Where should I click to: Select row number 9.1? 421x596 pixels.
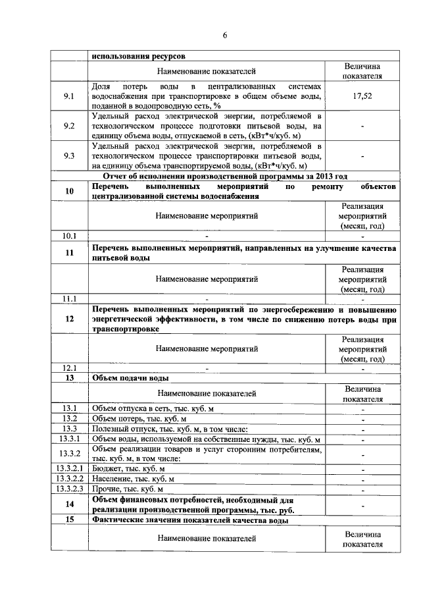pos(69,96)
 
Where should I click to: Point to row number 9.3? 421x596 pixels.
pos(69,156)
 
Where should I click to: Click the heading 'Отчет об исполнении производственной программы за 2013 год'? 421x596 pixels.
pos(225,176)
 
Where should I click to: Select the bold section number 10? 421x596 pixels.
pos(69,191)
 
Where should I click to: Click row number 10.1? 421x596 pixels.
pos(69,235)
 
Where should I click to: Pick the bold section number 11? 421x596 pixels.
pos(69,253)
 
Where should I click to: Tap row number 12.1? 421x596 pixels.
pos(69,368)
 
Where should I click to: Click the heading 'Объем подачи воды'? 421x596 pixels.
pos(131,378)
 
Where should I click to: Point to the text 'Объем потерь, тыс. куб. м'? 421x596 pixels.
pos(139,419)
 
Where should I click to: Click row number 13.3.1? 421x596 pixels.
pos(69,439)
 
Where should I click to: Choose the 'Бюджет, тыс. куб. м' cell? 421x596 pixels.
pos(128,468)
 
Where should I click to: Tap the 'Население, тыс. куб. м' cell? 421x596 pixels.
pos(133,479)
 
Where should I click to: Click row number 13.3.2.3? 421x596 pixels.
pos(69,489)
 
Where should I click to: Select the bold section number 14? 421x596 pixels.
pos(69,504)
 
